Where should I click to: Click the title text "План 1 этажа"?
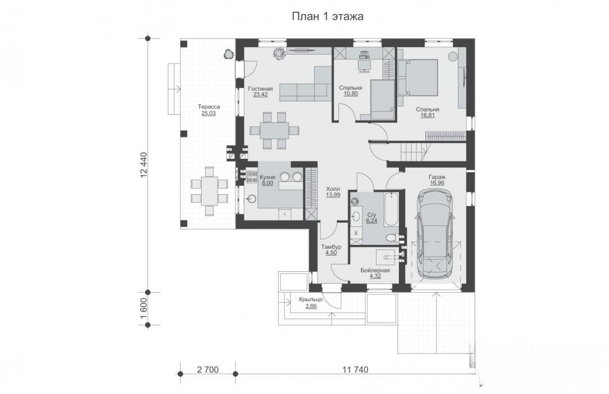pos(328,16)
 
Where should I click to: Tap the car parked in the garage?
pos(434,234)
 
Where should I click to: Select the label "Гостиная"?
pos(260,89)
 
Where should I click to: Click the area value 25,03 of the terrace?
pos(208,114)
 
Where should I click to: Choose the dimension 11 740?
pos(355,369)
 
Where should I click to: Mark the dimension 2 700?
pos(208,369)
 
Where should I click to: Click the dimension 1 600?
pos(144,308)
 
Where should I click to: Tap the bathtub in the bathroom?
pos(390,209)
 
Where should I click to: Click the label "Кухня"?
pos(267,177)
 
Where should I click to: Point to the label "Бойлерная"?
pos(375,270)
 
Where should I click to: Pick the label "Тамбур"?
pos(331,247)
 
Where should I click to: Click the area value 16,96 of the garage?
pos(437,183)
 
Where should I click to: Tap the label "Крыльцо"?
pos(311,299)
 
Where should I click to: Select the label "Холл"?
pos(333,189)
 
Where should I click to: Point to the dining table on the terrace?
pos(209,191)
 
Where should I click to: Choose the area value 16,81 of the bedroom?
pos(428,115)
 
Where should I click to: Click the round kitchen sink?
pos(252,199)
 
